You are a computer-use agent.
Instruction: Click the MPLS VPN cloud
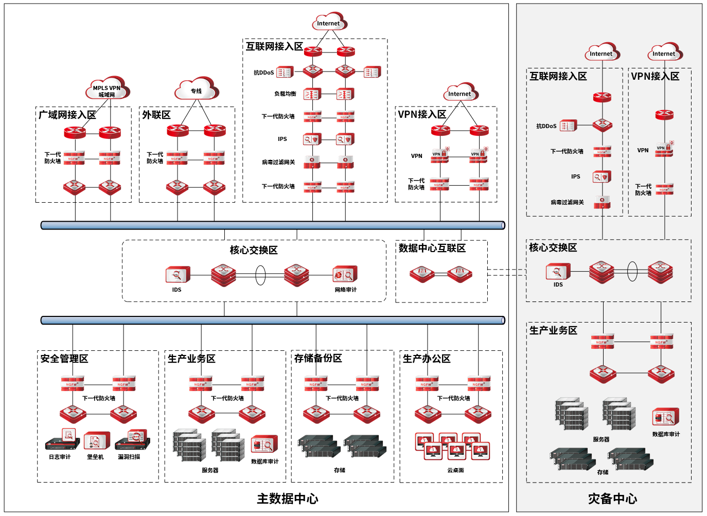107,90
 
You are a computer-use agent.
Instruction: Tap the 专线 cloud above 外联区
197,90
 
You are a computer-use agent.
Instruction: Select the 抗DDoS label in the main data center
263,73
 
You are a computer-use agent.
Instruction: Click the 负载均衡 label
285,94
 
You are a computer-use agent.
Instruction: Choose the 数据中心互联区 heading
432,248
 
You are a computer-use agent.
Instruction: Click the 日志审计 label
60,457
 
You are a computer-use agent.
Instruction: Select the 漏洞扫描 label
129,457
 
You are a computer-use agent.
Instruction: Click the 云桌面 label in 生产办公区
455,470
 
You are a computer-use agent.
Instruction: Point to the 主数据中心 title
288,499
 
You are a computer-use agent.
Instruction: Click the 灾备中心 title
612,499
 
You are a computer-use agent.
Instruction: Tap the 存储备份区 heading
318,358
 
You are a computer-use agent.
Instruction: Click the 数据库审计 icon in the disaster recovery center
665,417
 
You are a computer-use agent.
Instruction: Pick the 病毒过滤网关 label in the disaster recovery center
567,202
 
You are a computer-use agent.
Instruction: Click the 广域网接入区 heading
67,115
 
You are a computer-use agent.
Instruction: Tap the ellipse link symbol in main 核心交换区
260,275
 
